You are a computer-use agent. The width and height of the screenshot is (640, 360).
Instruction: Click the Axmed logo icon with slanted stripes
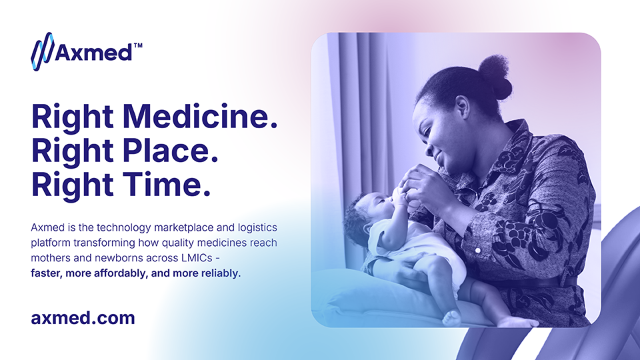pos(42,51)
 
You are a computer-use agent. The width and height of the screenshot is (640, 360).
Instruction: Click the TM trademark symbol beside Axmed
pos(138,45)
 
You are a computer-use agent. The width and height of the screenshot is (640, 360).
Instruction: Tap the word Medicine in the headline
pos(200,117)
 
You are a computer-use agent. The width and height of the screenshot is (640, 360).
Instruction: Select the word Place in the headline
pos(170,151)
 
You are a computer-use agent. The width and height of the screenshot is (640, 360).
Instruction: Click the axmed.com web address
pos(83,317)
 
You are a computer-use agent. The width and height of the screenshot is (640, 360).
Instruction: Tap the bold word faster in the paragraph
pos(46,273)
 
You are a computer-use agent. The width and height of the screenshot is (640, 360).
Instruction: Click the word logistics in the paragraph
pos(257,228)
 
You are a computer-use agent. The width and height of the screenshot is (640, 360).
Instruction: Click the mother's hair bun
pos(495,76)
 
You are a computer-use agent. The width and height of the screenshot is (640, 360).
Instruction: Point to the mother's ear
pos(463,107)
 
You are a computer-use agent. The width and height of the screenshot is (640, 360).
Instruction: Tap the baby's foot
pos(452,317)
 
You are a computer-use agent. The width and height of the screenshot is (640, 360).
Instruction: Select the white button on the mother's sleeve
pos(478,250)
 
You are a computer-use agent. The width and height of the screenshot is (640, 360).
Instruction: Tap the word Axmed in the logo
pos(93,52)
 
